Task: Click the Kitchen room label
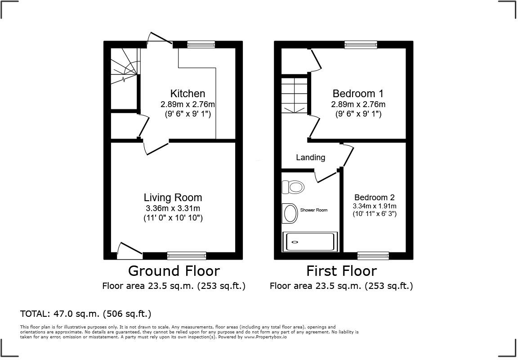(x=188, y=94)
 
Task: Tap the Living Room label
(x=173, y=198)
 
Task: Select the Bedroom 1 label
(x=358, y=94)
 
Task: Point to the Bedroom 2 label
(x=374, y=198)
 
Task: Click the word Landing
(x=310, y=157)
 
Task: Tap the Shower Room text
(x=314, y=210)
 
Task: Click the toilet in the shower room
(x=294, y=186)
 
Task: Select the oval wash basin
(x=290, y=213)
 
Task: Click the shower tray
(x=310, y=242)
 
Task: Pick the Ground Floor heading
(x=174, y=271)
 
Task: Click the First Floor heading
(x=341, y=271)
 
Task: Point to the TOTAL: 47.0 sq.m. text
(x=85, y=314)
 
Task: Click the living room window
(x=187, y=256)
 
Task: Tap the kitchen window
(x=201, y=45)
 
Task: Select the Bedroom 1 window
(x=361, y=45)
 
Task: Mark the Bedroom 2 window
(x=373, y=256)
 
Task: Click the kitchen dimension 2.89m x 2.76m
(x=188, y=104)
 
